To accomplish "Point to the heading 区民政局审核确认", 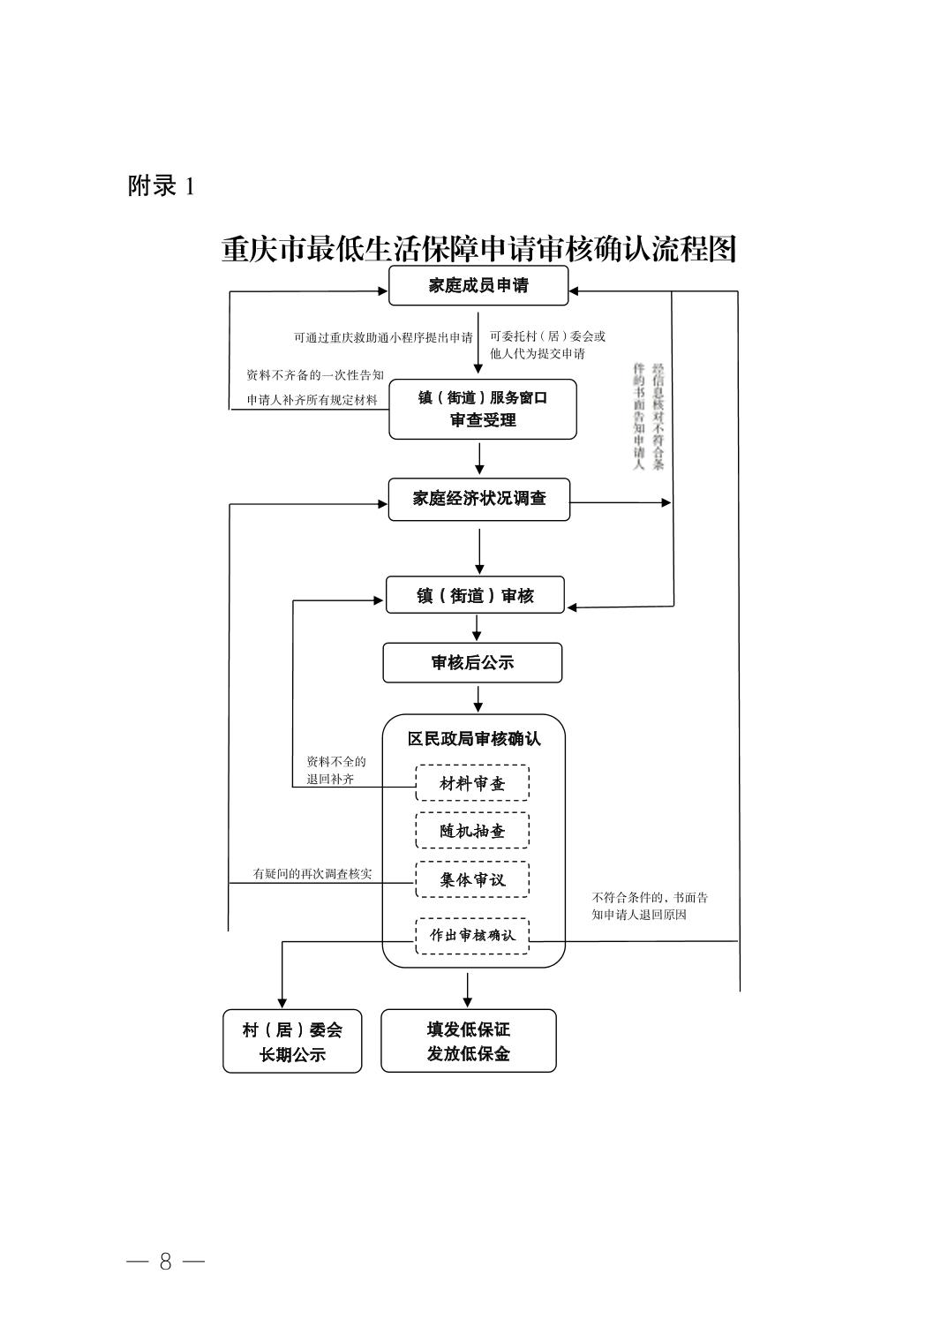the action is click(x=474, y=739).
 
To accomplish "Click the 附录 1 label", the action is click(x=162, y=185).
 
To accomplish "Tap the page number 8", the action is click(x=166, y=1261).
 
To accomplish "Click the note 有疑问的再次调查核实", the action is click(x=312, y=873).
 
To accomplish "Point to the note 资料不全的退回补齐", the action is click(x=336, y=770).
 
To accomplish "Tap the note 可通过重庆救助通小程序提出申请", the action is click(x=383, y=337).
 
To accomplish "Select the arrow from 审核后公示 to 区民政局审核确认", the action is click(x=478, y=698).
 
